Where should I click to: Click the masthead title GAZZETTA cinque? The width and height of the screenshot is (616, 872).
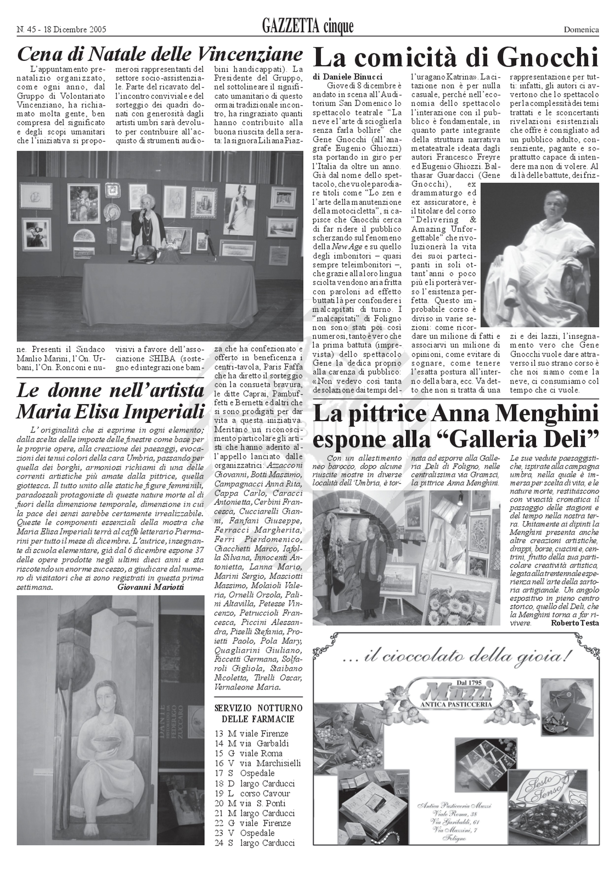click(x=308, y=27)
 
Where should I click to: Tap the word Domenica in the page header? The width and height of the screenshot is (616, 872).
click(x=581, y=30)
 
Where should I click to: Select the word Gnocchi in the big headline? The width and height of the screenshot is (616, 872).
click(x=548, y=57)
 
